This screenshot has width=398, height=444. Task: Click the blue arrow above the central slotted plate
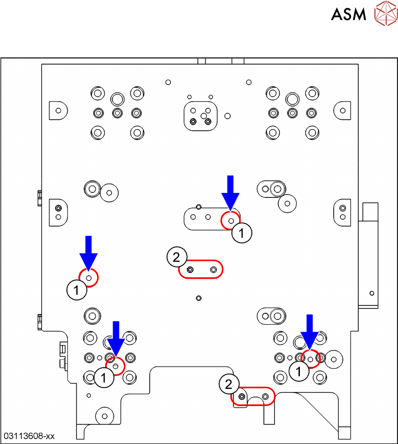[231, 192]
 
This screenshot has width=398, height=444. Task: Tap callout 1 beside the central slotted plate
[242, 234]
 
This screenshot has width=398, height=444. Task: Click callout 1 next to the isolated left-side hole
[76, 290]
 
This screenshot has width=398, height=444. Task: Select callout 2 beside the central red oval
[176, 257]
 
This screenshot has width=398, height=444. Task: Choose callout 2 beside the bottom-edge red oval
[228, 384]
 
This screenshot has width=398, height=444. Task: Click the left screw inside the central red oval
[190, 270]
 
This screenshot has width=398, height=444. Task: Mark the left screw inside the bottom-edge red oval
[242, 397]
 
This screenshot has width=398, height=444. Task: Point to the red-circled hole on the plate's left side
[89, 278]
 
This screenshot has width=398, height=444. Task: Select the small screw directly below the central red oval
[199, 298]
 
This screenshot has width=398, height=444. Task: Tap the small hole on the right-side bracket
[372, 293]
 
